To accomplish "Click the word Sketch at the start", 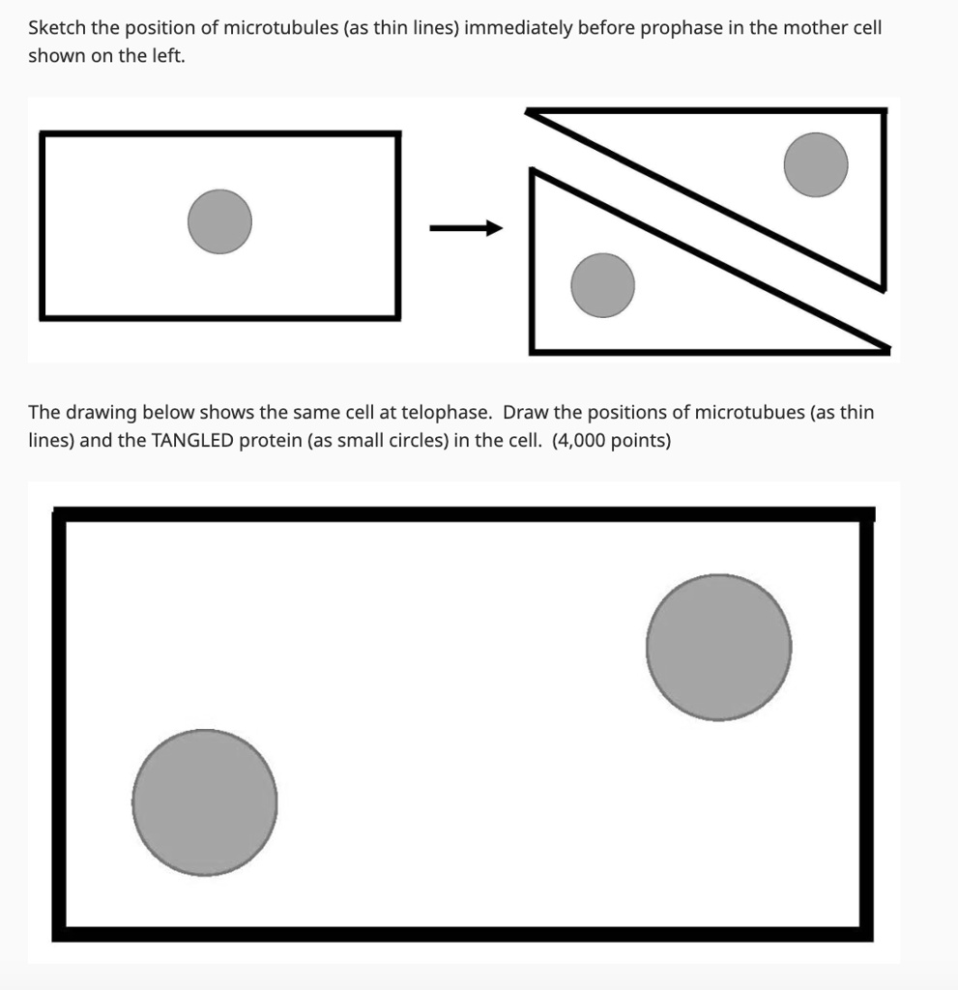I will pos(56,28).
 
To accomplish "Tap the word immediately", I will pos(520,28).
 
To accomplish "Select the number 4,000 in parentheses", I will pos(582,440).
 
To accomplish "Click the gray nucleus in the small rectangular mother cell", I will pos(219,221).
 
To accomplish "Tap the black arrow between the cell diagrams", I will pos(466,228).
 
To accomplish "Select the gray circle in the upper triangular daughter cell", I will pos(815,164).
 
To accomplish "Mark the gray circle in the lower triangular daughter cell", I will pos(602,285).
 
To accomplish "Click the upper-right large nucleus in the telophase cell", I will pos(718,647).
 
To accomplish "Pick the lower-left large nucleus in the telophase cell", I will pos(204,801).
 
